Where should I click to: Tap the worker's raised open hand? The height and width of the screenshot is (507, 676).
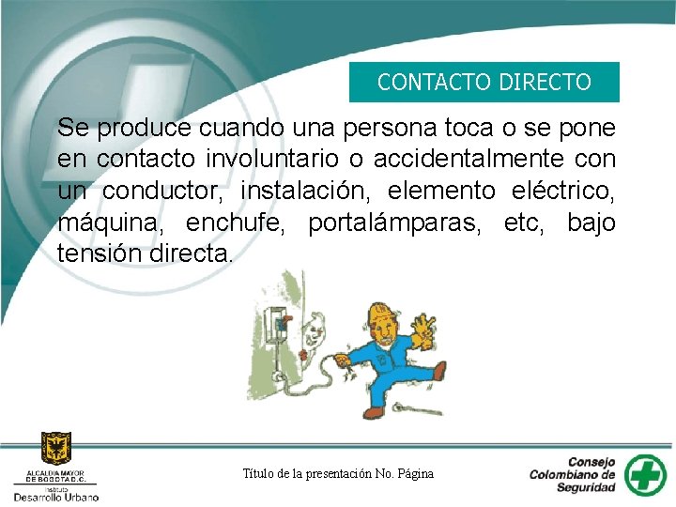[x=424, y=328]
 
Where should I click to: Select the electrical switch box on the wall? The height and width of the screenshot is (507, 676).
[x=278, y=324]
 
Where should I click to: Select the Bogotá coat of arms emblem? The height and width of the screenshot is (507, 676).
[x=55, y=448]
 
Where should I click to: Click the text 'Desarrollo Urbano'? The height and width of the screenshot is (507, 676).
[x=54, y=494]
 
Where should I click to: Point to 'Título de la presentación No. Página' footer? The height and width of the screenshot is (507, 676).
[x=338, y=473]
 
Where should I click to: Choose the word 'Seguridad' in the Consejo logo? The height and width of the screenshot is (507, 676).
[x=584, y=487]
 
